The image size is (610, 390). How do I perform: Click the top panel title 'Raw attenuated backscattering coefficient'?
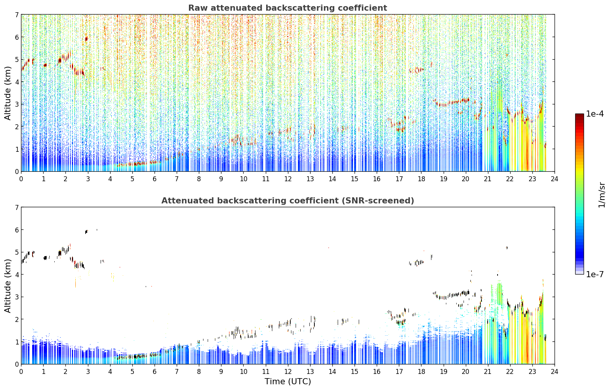click(x=288, y=8)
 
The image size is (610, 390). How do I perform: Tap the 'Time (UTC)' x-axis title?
click(x=288, y=382)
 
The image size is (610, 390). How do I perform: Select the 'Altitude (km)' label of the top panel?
click(x=8, y=93)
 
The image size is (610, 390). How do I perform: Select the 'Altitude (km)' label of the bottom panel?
click(x=8, y=286)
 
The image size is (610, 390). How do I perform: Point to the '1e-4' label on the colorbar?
click(x=595, y=114)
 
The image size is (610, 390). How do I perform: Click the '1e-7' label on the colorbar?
click(x=595, y=274)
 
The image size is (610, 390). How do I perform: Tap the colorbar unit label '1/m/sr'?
click(x=602, y=195)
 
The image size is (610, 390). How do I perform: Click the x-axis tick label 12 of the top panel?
click(x=288, y=179)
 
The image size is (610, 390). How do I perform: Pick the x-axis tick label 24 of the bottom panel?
click(x=555, y=372)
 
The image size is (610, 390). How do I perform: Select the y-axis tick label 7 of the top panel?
click(x=16, y=15)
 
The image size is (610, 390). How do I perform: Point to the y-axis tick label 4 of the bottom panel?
click(x=16, y=275)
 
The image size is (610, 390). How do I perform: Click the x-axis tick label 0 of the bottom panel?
click(x=21, y=372)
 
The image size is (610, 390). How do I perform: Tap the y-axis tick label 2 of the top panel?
click(x=16, y=127)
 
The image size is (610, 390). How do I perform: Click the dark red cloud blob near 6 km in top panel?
click(x=86, y=39)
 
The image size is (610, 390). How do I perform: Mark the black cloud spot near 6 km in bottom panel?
click(x=86, y=232)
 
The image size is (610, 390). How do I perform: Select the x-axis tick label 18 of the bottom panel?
click(x=421, y=372)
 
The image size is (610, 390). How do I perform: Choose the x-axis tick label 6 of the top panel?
click(x=155, y=179)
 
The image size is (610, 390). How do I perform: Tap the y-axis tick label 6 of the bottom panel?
click(x=16, y=230)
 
